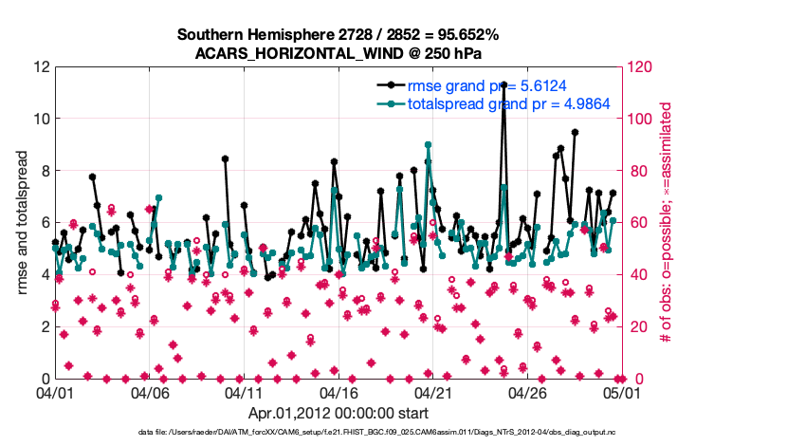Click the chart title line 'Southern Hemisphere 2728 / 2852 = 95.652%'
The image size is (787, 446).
coord(339,35)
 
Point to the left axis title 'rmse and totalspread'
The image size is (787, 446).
coord(24,222)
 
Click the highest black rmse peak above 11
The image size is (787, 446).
coord(503,84)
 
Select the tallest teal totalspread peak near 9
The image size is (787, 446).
coord(429,145)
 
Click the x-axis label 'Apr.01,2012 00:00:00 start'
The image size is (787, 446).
coord(339,413)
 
